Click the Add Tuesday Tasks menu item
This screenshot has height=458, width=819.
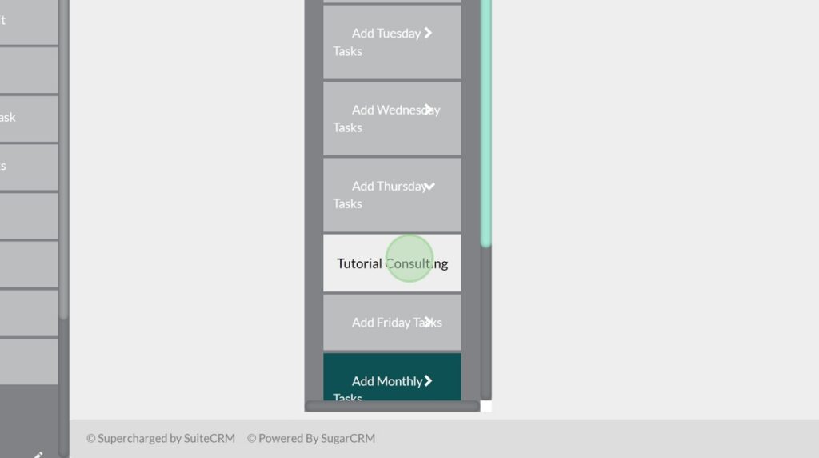click(x=392, y=42)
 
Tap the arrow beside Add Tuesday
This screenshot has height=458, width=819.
click(x=429, y=33)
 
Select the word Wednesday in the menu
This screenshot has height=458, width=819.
click(x=407, y=110)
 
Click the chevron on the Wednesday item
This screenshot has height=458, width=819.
click(x=429, y=109)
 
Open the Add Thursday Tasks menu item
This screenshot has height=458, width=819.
click(x=392, y=195)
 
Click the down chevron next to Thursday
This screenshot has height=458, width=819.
click(x=429, y=186)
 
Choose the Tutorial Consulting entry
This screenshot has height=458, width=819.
click(x=392, y=263)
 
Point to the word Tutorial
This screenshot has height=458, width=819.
click(x=359, y=263)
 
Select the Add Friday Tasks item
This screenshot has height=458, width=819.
click(x=392, y=322)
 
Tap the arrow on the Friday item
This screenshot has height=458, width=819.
click(x=429, y=322)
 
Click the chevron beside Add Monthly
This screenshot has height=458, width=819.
click(x=429, y=381)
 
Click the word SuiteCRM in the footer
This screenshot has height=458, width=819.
click(x=209, y=438)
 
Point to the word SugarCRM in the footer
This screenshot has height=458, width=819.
click(x=348, y=438)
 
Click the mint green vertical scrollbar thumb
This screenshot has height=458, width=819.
click(x=485, y=120)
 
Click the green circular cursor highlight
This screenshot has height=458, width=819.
click(x=409, y=258)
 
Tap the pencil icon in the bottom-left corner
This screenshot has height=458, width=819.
click(x=38, y=454)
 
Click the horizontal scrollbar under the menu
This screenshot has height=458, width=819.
click(x=392, y=407)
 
